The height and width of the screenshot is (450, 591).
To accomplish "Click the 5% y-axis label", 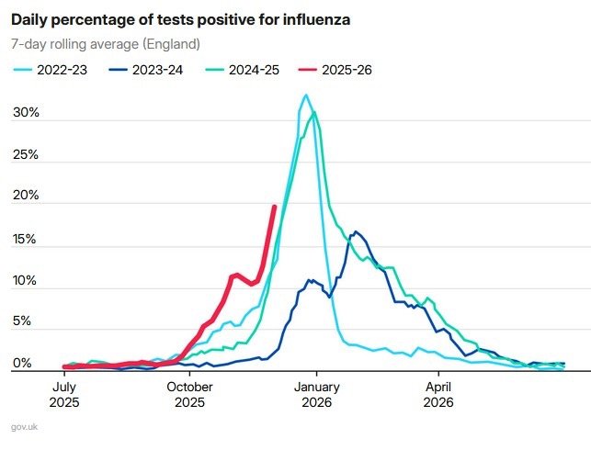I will (28, 322).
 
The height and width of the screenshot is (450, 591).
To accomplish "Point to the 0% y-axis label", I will (28, 365).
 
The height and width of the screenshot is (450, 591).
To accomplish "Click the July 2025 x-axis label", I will (65, 394).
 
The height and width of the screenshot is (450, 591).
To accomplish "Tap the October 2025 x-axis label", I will (190, 394).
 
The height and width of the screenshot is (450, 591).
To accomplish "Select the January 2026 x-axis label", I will (316, 394).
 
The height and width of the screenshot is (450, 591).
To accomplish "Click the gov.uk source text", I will (25, 427).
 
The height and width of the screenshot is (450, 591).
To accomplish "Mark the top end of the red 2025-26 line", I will (274, 208).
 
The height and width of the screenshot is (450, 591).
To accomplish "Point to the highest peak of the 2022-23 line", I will (306, 95).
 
